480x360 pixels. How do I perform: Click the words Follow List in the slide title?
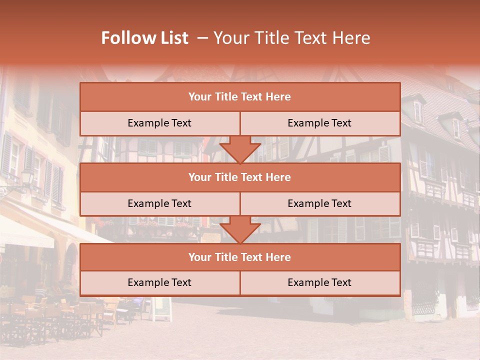(x=144, y=38)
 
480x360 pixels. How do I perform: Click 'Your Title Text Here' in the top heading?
(x=292, y=38)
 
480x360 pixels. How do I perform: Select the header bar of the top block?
(x=239, y=97)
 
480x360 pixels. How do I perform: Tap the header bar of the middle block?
(x=239, y=177)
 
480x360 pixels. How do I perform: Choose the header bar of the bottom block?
(x=239, y=257)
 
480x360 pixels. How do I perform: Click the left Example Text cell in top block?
(x=159, y=123)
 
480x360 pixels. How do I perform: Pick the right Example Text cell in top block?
(x=319, y=123)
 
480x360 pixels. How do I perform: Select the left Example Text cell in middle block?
(x=159, y=203)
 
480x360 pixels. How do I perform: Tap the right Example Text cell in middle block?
(x=319, y=203)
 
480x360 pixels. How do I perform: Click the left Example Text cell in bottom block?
(x=159, y=282)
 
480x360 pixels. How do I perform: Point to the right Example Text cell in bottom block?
(x=319, y=282)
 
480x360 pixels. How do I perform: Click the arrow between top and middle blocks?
(x=240, y=150)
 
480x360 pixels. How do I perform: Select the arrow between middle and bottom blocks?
(x=240, y=230)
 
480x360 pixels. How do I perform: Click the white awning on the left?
(x=27, y=235)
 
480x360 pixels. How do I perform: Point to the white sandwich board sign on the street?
(x=161, y=309)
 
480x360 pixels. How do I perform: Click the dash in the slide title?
(x=203, y=38)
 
